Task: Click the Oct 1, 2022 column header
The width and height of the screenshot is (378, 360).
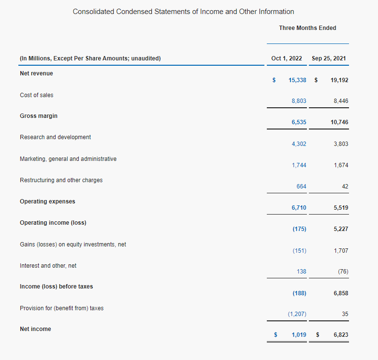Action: (x=286, y=58)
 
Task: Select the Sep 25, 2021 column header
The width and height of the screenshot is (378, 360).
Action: (x=329, y=58)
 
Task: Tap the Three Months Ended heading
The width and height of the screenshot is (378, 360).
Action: (x=307, y=28)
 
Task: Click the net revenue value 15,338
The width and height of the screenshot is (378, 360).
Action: (x=297, y=80)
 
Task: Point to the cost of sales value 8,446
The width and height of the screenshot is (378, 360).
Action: (x=341, y=101)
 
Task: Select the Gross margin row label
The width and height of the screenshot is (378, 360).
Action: (x=39, y=116)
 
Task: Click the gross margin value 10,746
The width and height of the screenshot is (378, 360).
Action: (x=339, y=122)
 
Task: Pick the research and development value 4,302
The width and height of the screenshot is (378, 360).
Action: (x=299, y=144)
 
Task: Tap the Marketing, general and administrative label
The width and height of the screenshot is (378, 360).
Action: (x=68, y=159)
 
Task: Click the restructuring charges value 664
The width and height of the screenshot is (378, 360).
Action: (x=301, y=187)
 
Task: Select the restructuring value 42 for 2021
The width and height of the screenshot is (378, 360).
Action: (x=345, y=187)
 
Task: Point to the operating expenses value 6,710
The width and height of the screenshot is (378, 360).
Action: (x=299, y=208)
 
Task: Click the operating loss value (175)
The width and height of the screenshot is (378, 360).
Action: (x=299, y=229)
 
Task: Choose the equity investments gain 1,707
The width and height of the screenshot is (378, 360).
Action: (x=341, y=251)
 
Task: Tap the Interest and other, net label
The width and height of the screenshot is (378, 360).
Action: (x=48, y=266)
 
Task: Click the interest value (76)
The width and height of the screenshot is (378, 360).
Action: (x=343, y=272)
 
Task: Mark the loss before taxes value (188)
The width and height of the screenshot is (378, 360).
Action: (x=299, y=293)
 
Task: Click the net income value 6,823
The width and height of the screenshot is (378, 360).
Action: (x=341, y=335)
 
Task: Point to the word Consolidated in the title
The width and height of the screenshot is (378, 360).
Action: (x=93, y=12)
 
